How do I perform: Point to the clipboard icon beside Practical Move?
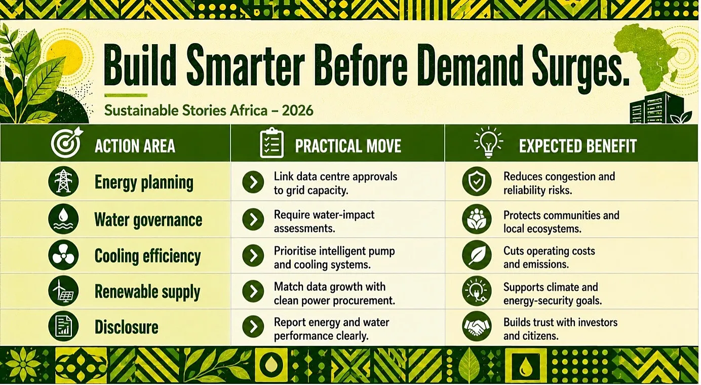coord(271,143)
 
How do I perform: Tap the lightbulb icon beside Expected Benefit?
coord(488,142)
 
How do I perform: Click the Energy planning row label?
coord(144,182)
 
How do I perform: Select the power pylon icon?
coord(63,181)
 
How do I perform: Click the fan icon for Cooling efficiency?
coord(63,255)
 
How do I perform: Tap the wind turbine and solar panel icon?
coord(63,291)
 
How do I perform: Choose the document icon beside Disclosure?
coord(63,326)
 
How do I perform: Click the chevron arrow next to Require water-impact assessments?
coord(253,219)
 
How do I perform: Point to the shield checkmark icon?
coord(477,181)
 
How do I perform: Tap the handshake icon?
coord(477,326)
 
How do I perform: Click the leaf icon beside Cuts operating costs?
coord(477,255)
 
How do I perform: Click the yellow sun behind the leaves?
coord(65,58)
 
